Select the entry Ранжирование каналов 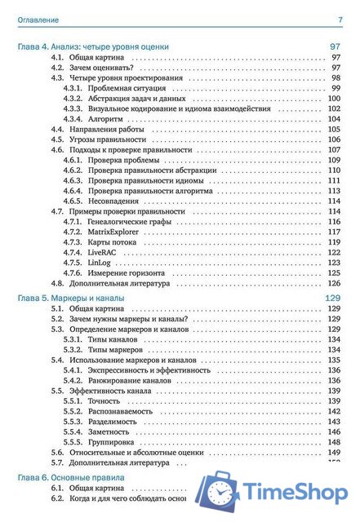coord(129,381)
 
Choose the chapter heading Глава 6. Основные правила coord(71,476)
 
